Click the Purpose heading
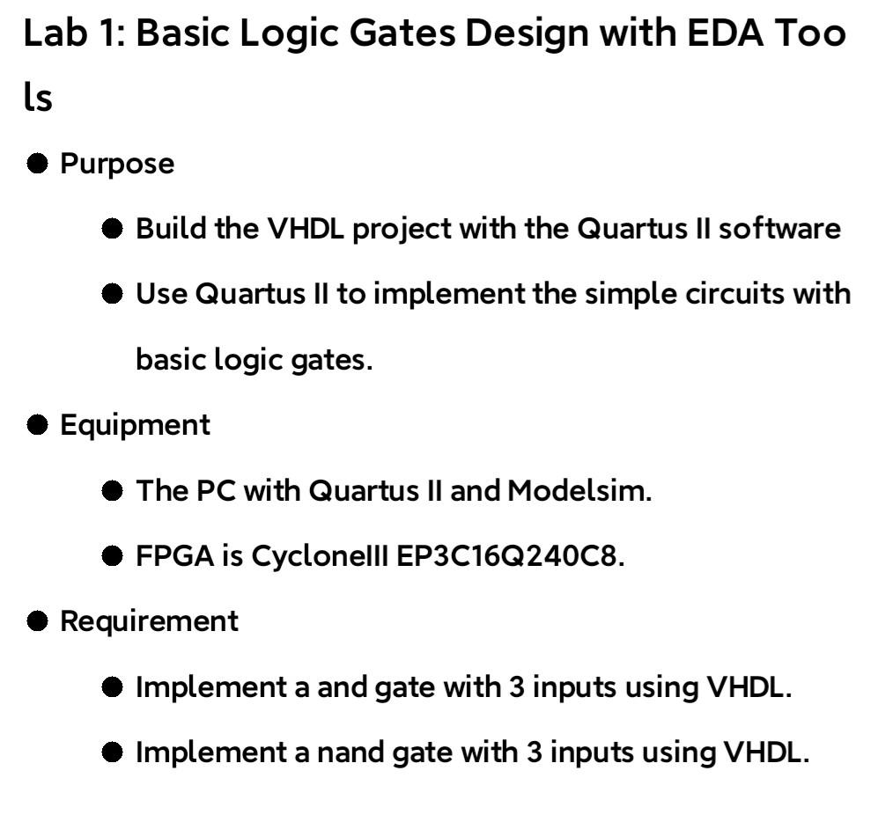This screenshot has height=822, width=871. pos(117,164)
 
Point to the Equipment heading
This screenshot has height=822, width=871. pos(135,425)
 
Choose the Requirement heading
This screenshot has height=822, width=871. pos(149,620)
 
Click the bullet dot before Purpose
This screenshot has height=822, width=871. pos(37,164)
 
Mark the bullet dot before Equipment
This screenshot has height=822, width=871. pos(37,425)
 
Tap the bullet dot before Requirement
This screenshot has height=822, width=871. pos(37,620)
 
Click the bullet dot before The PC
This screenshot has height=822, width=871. pos(112,490)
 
